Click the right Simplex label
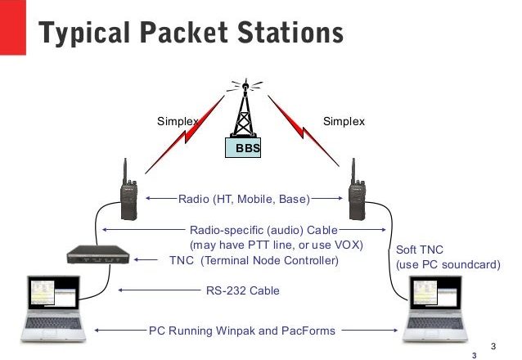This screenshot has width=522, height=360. tap(344, 122)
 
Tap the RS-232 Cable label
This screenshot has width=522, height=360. tap(241, 289)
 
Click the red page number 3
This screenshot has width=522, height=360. tap(474, 355)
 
